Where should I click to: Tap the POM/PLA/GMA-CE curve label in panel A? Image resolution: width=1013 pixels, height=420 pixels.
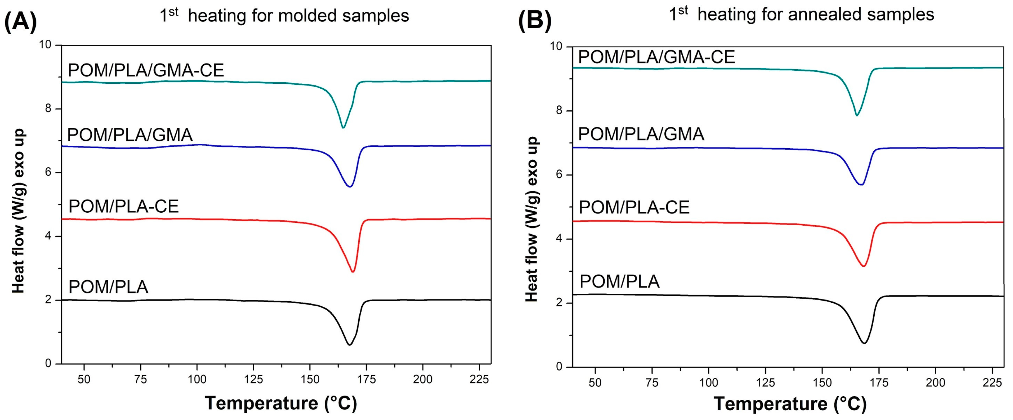(146, 70)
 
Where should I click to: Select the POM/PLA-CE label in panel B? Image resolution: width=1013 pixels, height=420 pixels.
(634, 207)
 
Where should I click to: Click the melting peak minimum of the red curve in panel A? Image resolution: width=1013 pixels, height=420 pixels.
(353, 272)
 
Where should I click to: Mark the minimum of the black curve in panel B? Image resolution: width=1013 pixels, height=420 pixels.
(864, 343)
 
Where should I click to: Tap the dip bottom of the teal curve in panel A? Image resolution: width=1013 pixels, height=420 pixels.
(343, 127)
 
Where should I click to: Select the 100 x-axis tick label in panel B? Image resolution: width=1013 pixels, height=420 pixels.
(708, 382)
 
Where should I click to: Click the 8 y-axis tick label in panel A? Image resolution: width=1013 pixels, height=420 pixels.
(48, 108)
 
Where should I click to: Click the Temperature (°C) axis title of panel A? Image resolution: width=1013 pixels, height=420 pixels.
(281, 403)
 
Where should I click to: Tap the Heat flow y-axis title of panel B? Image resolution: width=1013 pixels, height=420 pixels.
(531, 219)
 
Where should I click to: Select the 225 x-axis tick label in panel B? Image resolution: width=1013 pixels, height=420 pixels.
(992, 382)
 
